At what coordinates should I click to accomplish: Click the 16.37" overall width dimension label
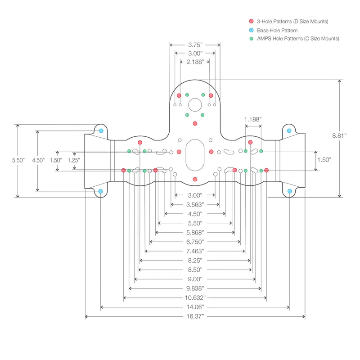click(195, 317)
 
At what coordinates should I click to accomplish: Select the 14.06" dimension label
click(195, 307)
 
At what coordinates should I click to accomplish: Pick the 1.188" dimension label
click(252, 119)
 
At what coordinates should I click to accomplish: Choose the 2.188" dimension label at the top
click(195, 62)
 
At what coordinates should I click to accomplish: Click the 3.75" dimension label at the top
click(195, 45)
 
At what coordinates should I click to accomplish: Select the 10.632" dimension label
click(195, 298)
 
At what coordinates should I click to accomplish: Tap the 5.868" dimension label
click(195, 233)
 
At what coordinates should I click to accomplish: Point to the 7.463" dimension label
click(195, 251)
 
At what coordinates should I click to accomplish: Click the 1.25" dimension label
click(73, 160)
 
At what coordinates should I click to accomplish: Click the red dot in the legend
click(251, 22)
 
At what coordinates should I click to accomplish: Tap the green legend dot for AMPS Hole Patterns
click(251, 39)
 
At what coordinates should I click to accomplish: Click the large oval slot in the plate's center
click(195, 155)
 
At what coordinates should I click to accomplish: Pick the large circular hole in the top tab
click(195, 105)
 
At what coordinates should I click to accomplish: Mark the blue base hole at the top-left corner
click(101, 131)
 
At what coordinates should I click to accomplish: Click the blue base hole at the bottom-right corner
click(289, 191)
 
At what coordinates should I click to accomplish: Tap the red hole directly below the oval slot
click(195, 179)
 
